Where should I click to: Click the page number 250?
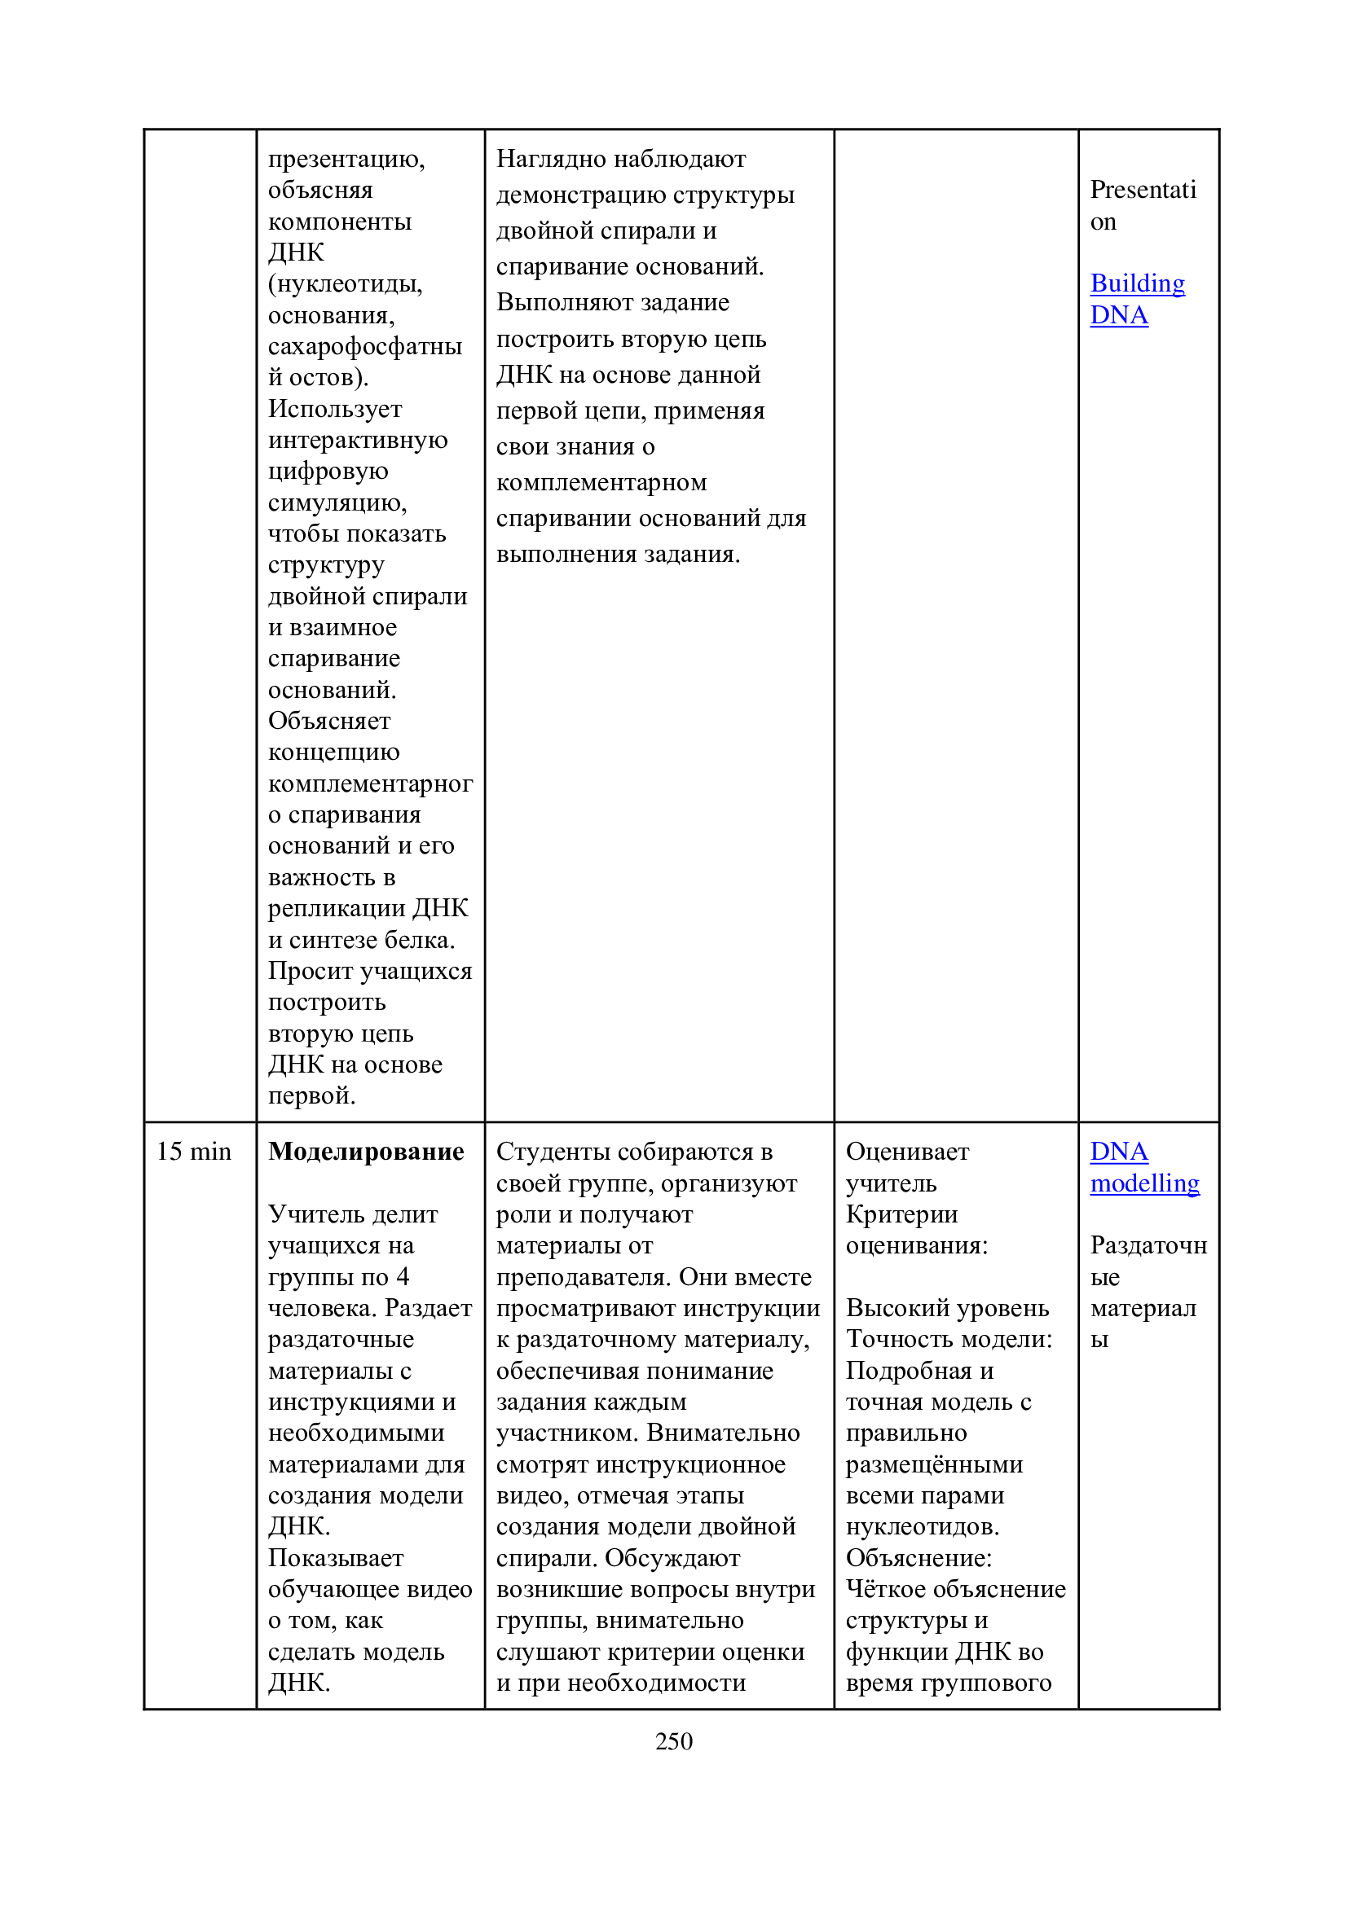(673, 1740)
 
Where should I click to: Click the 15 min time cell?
(193, 1152)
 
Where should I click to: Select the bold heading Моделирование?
(366, 1152)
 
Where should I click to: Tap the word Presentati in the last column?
(1142, 190)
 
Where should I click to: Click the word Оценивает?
(907, 1152)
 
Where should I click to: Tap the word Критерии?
(901, 1214)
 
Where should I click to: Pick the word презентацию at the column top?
(346, 159)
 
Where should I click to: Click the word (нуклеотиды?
(346, 283)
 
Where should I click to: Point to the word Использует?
(335, 409)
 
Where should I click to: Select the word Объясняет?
(329, 720)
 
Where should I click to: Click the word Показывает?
(336, 1558)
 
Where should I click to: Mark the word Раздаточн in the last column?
(1148, 1245)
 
